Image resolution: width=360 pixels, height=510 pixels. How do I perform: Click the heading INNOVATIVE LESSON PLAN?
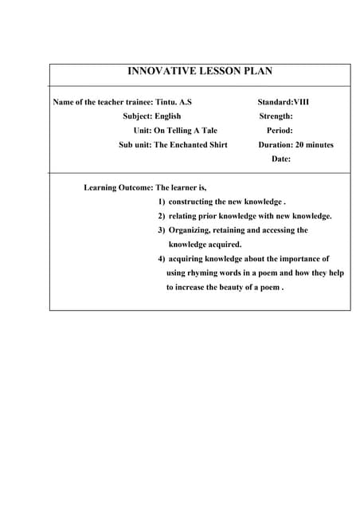click(200, 72)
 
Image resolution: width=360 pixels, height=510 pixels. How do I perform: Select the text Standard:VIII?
click(283, 102)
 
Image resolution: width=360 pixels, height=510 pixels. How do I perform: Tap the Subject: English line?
click(151, 116)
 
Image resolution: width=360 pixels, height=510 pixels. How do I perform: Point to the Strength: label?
click(276, 116)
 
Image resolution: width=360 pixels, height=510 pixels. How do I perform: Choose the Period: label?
click(280, 131)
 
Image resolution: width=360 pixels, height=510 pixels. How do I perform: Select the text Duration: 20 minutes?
click(295, 145)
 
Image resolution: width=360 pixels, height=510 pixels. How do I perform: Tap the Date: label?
click(280, 159)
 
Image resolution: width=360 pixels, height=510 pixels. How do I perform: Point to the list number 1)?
click(161, 202)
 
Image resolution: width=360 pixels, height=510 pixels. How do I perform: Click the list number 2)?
click(161, 217)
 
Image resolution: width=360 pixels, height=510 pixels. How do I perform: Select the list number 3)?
click(161, 230)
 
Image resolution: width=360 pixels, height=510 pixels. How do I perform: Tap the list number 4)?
click(161, 259)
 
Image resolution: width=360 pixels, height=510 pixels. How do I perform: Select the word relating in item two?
click(184, 217)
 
